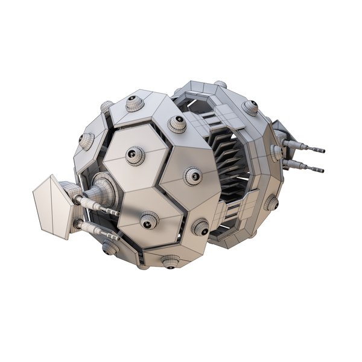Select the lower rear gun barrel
pyautogui.click(x=305, y=167)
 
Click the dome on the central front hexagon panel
pyautogui.click(x=135, y=156)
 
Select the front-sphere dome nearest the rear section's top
pyautogui.click(x=177, y=123)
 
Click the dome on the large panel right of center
pyautogui.click(x=192, y=176)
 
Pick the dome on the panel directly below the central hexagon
pyautogui.click(x=148, y=221)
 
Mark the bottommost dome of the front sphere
pyautogui.click(x=171, y=261)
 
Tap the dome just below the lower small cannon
pyautogui.click(x=110, y=246)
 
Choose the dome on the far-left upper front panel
pyautogui.click(x=87, y=140)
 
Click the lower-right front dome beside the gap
pyautogui.click(x=200, y=227)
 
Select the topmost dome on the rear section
pyautogui.click(x=221, y=84)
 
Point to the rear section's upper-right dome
pyautogui.click(x=250, y=107)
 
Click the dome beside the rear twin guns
pyautogui.click(x=276, y=152)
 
